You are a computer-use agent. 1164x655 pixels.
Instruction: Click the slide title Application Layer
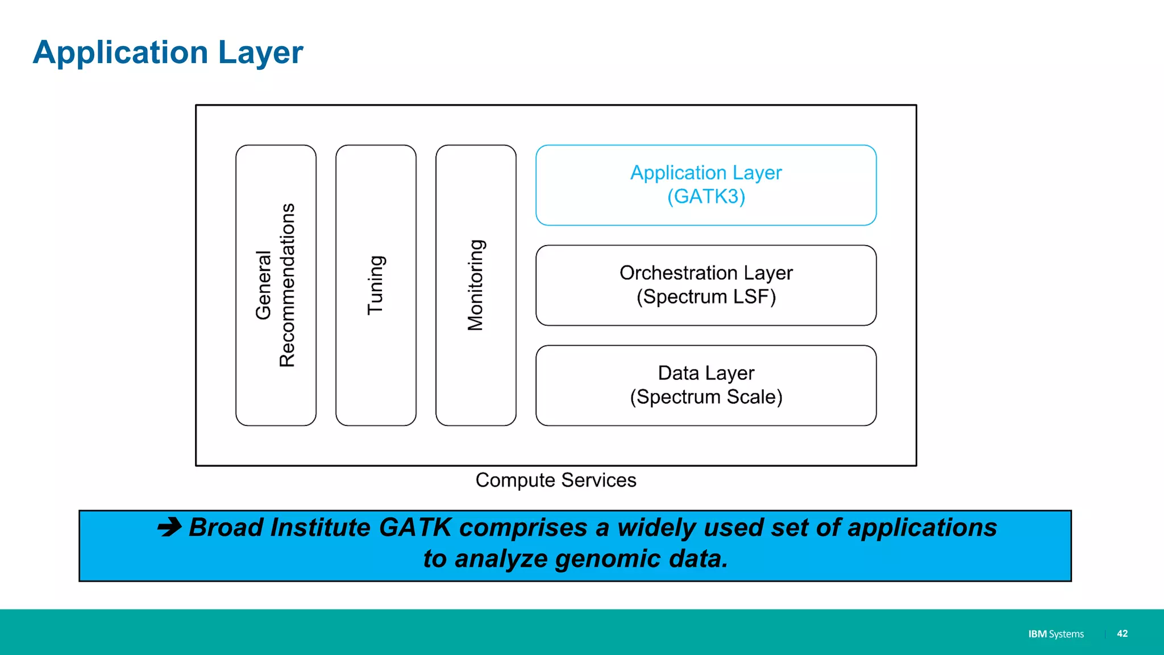[168, 52]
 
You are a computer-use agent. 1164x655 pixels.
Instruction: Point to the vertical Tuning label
[376, 285]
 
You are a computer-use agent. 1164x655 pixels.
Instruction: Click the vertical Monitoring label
[476, 285]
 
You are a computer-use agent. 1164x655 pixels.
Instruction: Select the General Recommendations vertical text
[276, 285]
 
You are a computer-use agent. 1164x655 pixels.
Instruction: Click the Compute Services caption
[555, 480]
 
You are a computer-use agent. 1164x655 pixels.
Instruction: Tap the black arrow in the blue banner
[169, 527]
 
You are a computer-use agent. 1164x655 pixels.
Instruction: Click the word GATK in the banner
[415, 527]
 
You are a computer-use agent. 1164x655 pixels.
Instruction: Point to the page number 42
[1122, 633]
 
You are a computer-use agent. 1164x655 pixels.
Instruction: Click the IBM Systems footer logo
[1055, 634]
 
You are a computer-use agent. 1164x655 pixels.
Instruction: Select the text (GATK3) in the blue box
[706, 197]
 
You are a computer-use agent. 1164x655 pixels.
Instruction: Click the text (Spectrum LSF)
[706, 297]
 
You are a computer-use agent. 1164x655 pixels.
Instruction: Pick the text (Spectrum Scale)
[706, 397]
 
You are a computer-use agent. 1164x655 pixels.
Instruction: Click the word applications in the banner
[922, 527]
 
